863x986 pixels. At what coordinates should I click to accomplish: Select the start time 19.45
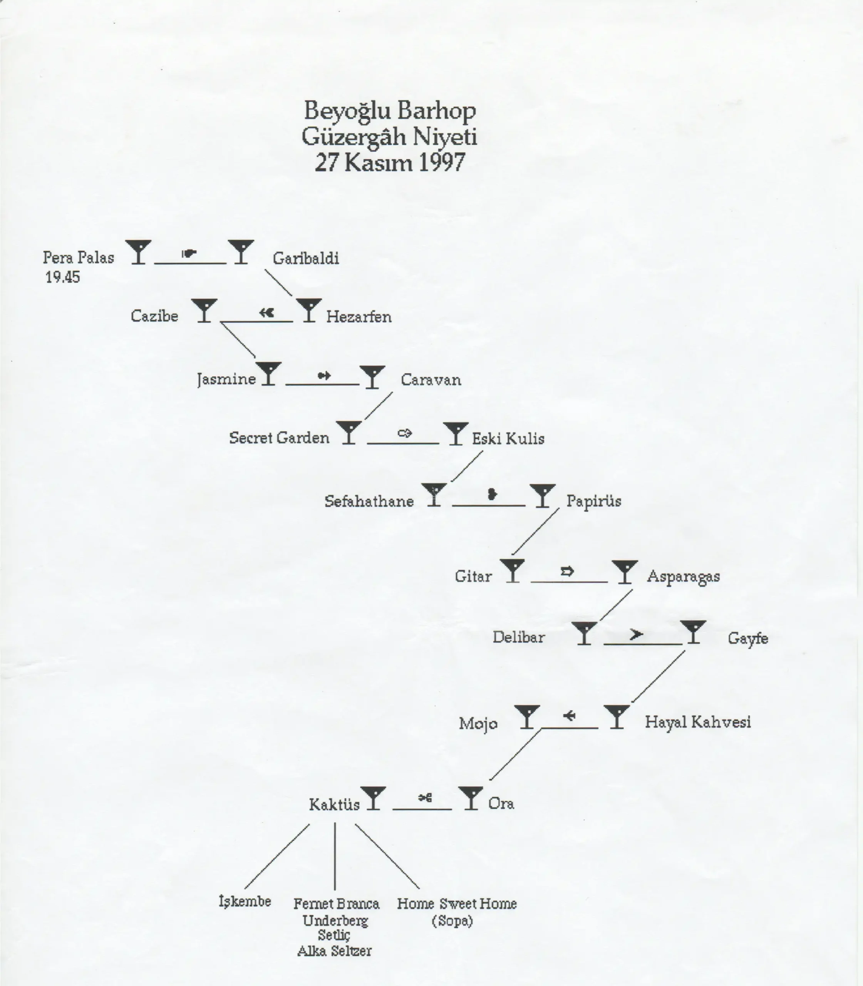coord(63,277)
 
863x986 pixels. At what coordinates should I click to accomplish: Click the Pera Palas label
coord(79,257)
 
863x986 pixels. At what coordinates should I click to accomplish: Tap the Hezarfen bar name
coord(359,317)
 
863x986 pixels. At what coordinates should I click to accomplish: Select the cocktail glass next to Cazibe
coord(204,310)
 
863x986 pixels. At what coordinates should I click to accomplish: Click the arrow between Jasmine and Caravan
coord(324,375)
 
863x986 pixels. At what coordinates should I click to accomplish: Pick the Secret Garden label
coord(279,438)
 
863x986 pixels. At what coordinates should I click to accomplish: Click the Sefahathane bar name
coord(369,501)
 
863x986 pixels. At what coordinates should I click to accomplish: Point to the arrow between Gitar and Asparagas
coord(568,571)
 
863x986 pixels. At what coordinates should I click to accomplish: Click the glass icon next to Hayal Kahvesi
coord(617,717)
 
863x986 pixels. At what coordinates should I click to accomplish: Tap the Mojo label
coord(478,723)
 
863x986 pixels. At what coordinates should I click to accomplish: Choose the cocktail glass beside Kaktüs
coord(373,798)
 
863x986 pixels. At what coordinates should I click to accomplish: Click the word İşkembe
coord(245,901)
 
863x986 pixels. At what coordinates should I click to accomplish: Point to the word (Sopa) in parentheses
coord(452,921)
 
